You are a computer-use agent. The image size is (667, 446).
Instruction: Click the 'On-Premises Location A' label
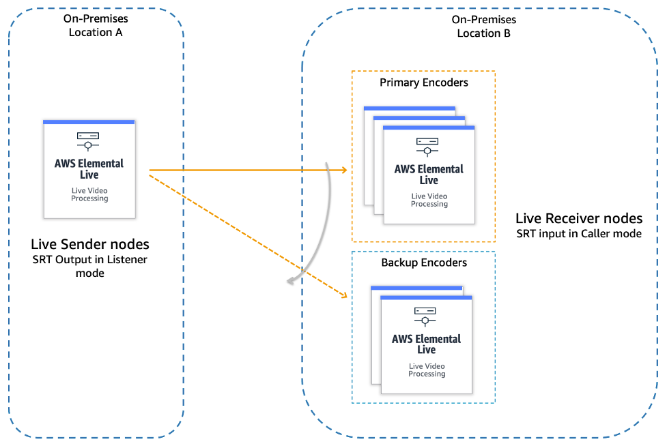click(x=96, y=25)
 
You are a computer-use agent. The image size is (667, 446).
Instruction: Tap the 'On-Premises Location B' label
click(x=483, y=27)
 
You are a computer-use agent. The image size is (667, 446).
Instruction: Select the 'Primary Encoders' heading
click(x=424, y=83)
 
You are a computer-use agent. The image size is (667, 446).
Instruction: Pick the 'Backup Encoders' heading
click(x=424, y=263)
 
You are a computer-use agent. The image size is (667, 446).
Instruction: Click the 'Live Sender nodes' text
click(x=89, y=244)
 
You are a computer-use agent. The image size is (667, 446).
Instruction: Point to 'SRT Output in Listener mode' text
click(x=89, y=266)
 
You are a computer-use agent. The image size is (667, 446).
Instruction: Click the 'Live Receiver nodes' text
click(x=579, y=218)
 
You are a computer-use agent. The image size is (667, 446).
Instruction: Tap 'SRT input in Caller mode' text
click(x=579, y=234)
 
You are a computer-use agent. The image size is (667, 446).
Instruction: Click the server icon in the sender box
click(x=88, y=141)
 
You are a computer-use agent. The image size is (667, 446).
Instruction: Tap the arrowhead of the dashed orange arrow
click(x=345, y=295)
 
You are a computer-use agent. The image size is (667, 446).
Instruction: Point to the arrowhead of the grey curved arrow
click(x=290, y=281)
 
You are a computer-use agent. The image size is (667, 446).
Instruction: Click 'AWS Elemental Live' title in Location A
click(x=89, y=169)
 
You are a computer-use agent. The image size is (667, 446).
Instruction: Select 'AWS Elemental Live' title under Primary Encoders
click(x=429, y=175)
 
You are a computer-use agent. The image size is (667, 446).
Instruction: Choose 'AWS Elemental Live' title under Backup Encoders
click(x=426, y=344)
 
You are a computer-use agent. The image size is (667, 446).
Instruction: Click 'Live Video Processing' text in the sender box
click(x=89, y=194)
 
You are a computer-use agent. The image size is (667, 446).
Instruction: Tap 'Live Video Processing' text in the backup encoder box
click(x=427, y=370)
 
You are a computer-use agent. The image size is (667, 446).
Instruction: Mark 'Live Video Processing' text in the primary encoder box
click(x=429, y=200)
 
